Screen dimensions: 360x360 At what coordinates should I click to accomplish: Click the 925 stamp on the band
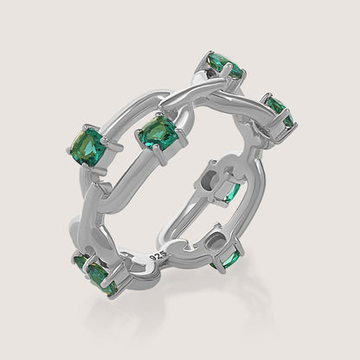156,257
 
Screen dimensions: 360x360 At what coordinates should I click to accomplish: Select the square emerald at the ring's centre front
156,132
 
